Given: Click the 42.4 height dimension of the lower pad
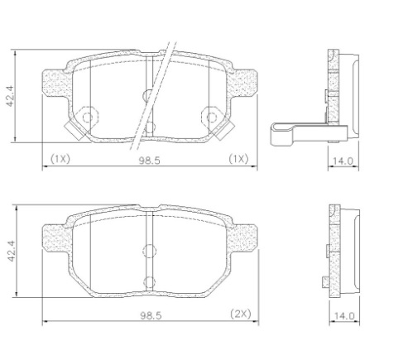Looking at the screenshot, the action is point(12,251).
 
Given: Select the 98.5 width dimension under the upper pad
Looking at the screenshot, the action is point(149,161).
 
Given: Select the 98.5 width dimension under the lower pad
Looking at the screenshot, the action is point(151,315).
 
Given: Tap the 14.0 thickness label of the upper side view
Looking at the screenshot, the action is point(343,161).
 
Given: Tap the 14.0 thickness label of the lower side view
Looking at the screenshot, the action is point(344,316).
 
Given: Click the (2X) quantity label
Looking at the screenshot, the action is point(241,314).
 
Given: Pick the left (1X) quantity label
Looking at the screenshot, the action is point(60,159).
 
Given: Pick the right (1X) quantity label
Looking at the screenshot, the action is point(239,159).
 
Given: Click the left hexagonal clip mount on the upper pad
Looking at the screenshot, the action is point(87,118).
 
